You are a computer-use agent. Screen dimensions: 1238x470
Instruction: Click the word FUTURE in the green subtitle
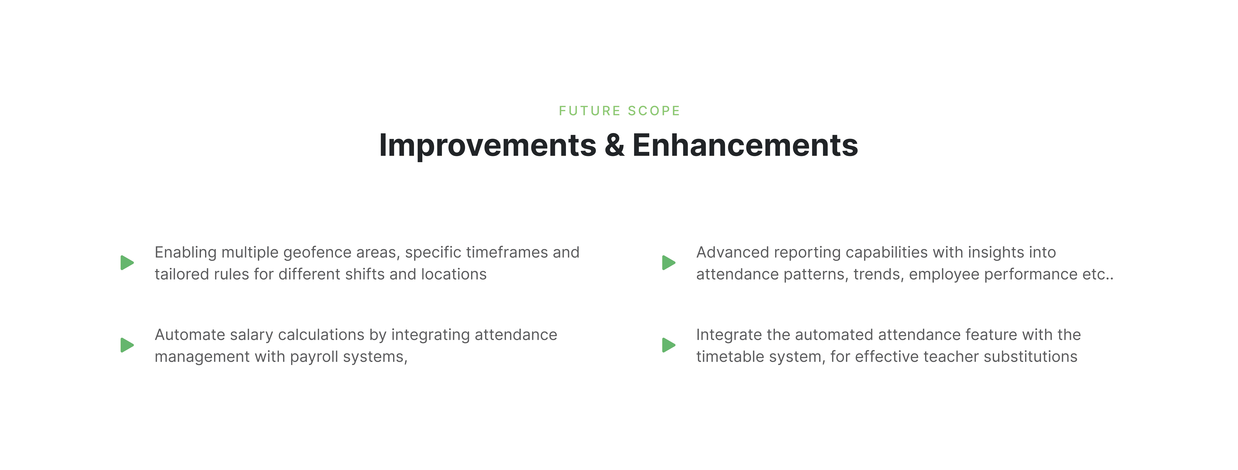click(590, 111)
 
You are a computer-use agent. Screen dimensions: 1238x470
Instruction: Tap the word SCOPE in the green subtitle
click(654, 111)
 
